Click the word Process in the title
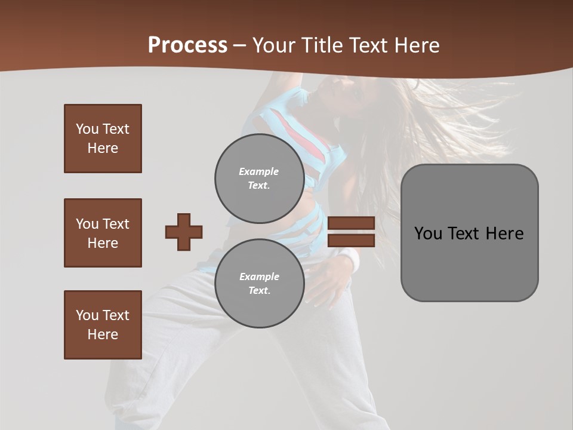pyautogui.click(x=187, y=45)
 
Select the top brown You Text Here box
pyautogui.click(x=103, y=139)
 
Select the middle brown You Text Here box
pyautogui.click(x=103, y=233)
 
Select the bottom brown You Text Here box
pyautogui.click(x=103, y=325)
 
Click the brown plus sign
pyautogui.click(x=184, y=232)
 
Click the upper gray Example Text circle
pyautogui.click(x=259, y=178)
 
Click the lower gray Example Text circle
pyautogui.click(x=259, y=283)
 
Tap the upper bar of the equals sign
pyautogui.click(x=351, y=223)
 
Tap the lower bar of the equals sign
pyautogui.click(x=351, y=241)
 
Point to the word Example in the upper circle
pyautogui.click(x=258, y=171)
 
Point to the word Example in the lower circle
pyautogui.click(x=258, y=277)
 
